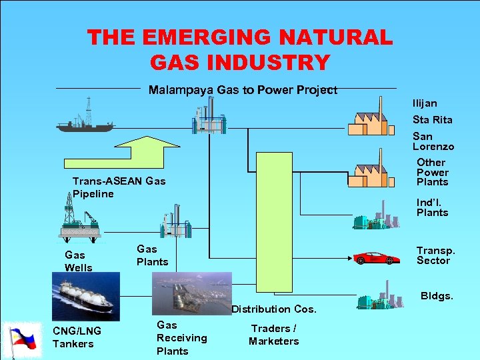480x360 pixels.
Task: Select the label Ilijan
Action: coord(425,103)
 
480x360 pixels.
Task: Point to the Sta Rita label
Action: coord(432,120)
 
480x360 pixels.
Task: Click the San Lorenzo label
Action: coord(433,141)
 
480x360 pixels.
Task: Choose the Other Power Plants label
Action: coord(432,172)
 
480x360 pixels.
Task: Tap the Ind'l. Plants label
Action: coord(432,207)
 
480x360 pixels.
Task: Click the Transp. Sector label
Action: coord(435,255)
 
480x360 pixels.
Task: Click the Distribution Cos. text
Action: coord(273,309)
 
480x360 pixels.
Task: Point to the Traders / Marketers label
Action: coord(273,335)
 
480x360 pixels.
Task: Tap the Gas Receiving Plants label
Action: coord(181,338)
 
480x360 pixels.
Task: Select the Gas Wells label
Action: coord(79,261)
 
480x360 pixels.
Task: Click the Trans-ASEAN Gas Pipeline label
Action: coord(119,187)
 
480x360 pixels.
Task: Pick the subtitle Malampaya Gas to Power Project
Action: coord(243,90)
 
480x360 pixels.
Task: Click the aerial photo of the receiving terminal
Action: coord(191,292)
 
